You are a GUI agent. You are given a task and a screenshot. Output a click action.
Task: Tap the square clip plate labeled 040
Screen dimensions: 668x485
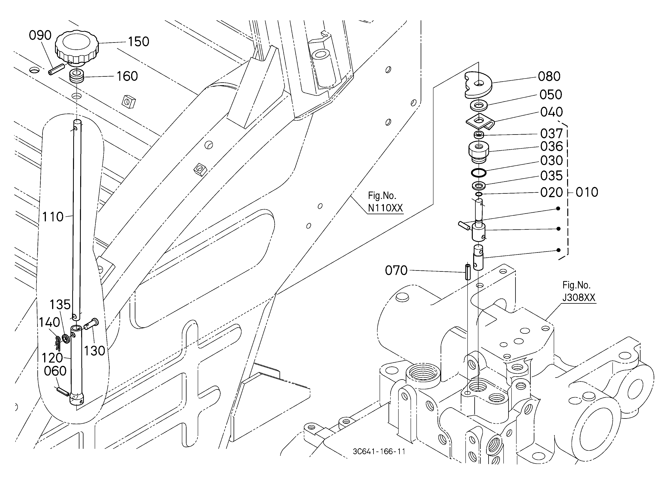click(x=480, y=121)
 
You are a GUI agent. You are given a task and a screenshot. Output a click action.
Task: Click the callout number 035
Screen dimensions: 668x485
click(x=551, y=176)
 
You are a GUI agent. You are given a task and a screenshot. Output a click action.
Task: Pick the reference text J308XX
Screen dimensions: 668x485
click(x=579, y=298)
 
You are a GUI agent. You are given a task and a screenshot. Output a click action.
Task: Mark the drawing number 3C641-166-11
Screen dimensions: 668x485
click(x=379, y=452)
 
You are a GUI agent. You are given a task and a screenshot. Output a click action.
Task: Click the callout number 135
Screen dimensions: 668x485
click(x=60, y=304)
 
